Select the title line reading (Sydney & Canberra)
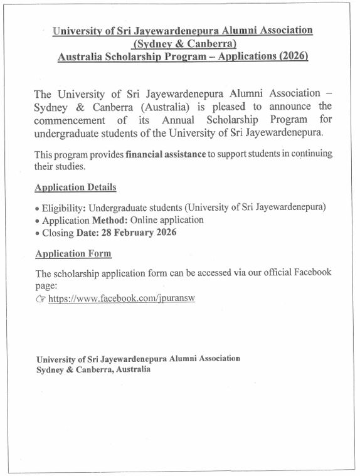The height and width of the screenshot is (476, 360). pos(184,43)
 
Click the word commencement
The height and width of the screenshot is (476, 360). pos(71,119)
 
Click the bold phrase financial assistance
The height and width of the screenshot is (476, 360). pos(166,154)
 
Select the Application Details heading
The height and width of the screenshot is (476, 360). pos(75,188)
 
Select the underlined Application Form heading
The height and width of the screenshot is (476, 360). pos(73,253)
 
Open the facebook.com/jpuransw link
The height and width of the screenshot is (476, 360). pos(122,299)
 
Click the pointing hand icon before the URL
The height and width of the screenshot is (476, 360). pos(41,299)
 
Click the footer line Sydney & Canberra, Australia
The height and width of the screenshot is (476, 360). pos(93,370)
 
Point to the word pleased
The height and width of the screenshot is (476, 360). pos(228,107)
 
